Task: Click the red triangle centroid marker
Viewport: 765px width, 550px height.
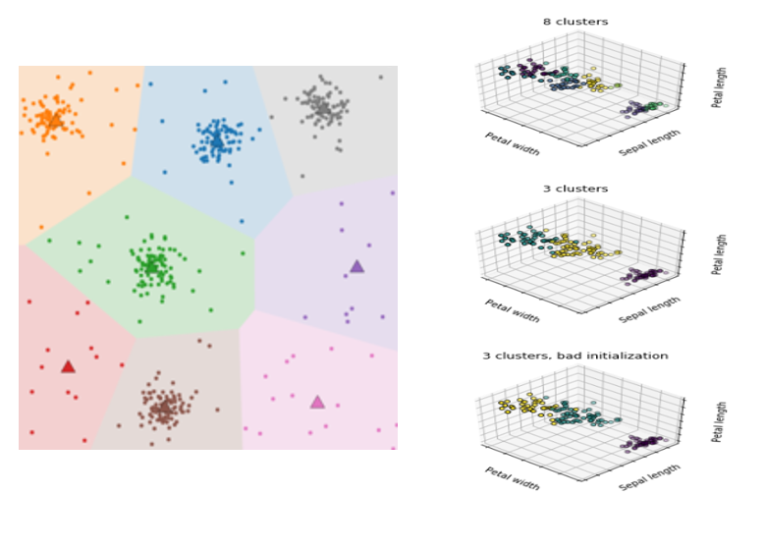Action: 68,366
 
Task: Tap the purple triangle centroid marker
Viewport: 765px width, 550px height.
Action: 356,266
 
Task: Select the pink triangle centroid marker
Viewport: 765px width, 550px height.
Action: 317,402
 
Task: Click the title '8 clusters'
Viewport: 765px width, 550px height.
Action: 575,22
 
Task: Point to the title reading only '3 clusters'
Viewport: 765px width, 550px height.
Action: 575,189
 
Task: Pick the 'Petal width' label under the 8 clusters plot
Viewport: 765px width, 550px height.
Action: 512,143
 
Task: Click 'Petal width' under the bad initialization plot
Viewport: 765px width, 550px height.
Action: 512,477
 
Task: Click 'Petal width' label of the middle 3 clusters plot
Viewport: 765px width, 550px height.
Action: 512,310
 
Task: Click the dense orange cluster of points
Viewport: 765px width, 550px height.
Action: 49,119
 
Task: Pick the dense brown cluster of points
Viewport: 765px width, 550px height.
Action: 162,407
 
